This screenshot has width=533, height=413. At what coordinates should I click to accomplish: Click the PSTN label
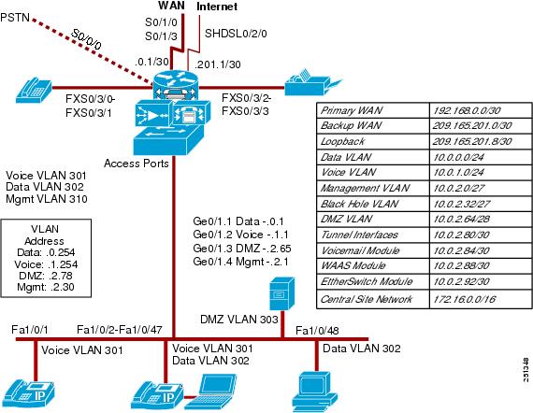pos(15,17)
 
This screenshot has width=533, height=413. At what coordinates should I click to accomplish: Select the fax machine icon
pos(312,82)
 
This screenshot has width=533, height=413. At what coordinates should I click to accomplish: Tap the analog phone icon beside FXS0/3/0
pos(34,91)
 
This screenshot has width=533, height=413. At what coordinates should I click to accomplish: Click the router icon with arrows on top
pos(175,86)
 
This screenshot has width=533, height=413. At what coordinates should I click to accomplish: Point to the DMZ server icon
pos(281,293)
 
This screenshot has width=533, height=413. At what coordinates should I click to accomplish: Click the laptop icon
pos(210,392)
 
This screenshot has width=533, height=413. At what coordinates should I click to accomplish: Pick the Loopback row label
pos(342,141)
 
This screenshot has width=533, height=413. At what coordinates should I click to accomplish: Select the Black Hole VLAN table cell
pos(359,204)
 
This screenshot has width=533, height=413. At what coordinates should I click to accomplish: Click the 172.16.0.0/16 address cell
pos(465,299)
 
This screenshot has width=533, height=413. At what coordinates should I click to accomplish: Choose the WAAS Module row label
pos(353,265)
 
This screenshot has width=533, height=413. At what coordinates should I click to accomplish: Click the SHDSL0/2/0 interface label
pos(236,34)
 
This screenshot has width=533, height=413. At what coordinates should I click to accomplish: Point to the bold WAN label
pos(172,6)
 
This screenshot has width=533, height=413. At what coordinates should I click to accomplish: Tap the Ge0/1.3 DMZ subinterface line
pos(241,249)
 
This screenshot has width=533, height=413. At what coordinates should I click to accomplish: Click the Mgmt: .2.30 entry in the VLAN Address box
pos(46,287)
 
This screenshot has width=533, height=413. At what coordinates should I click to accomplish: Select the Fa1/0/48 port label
pos(317,331)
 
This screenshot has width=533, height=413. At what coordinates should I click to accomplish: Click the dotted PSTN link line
pos(92,50)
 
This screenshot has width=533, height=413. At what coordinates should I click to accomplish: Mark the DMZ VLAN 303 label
pos(239,320)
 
